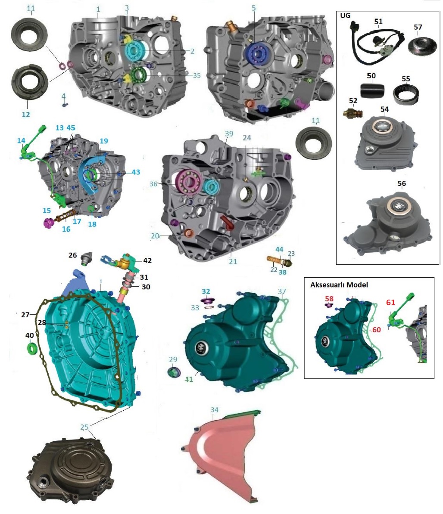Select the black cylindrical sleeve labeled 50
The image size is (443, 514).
(x=372, y=90)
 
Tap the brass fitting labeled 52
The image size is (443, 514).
(x=353, y=113)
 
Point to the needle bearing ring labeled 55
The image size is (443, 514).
(x=406, y=94)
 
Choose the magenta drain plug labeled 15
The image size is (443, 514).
(x=48, y=223)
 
